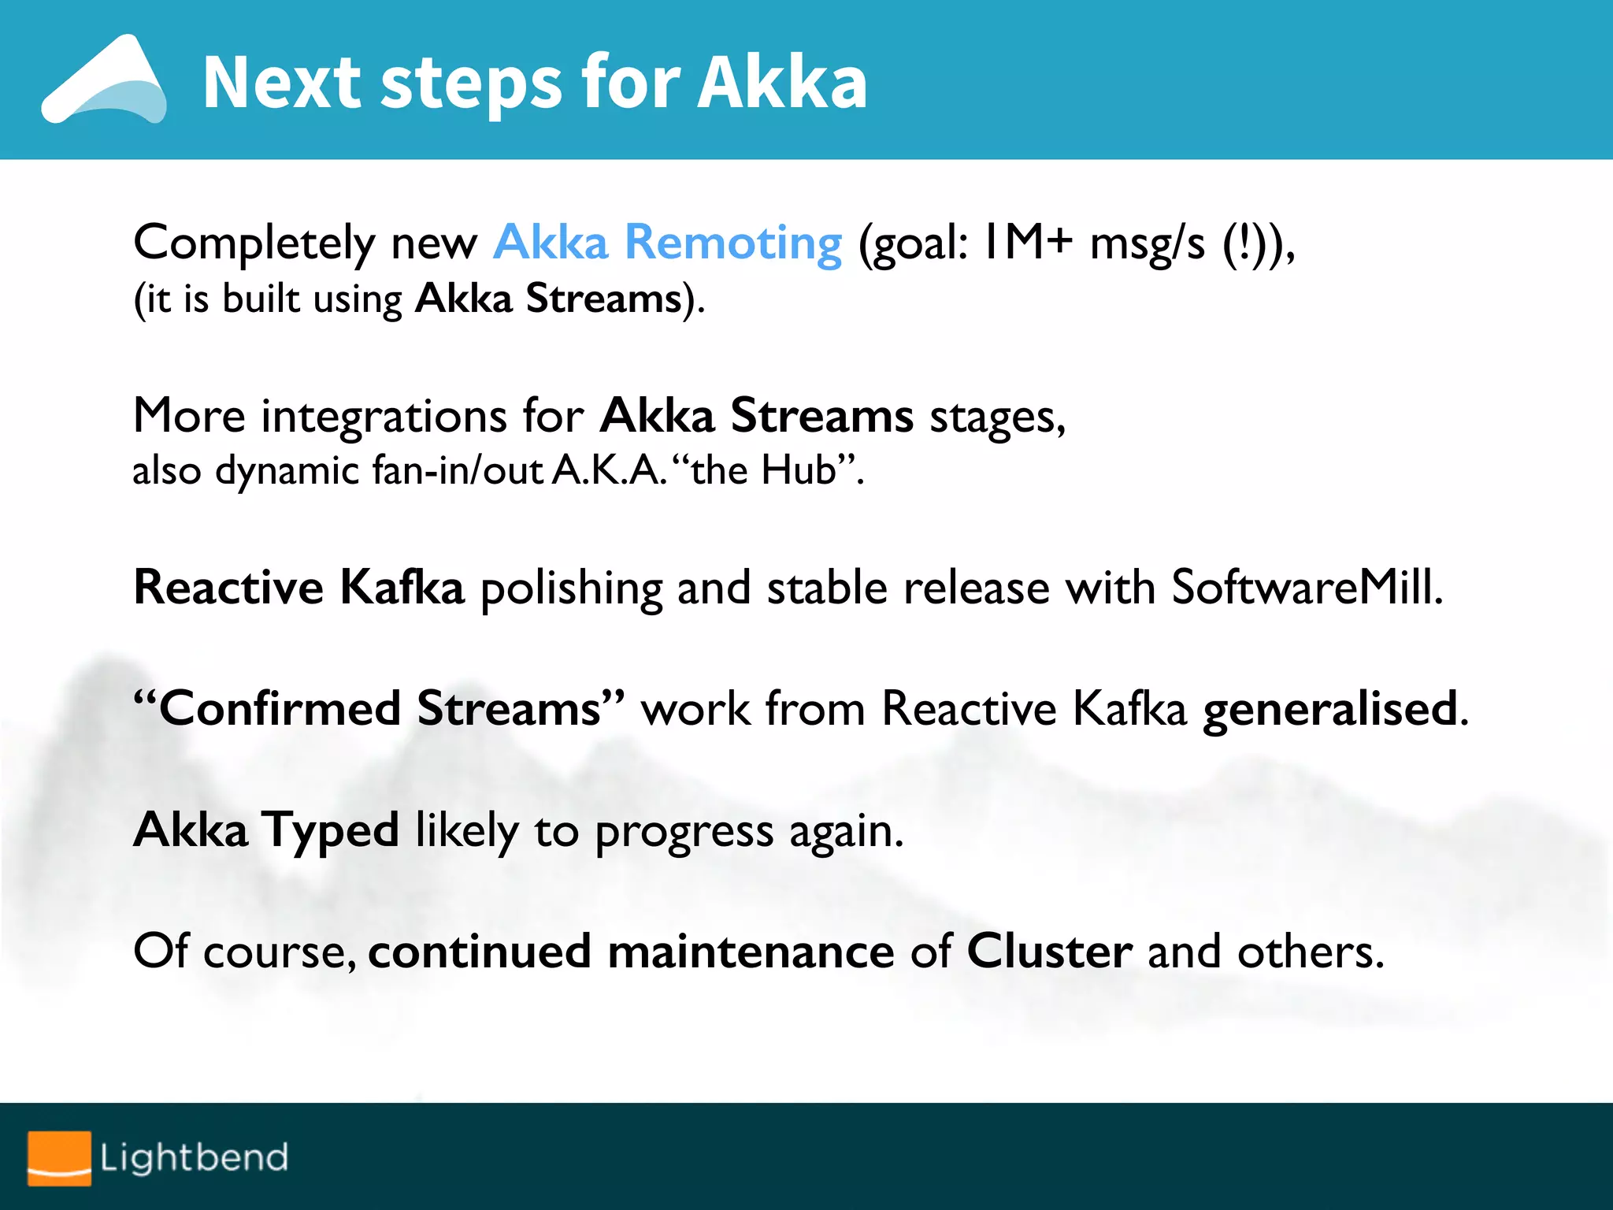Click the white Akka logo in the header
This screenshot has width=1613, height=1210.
103,80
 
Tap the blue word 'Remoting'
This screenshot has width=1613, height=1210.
732,242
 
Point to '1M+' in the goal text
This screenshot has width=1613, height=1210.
1028,242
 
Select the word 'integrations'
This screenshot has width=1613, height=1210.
384,416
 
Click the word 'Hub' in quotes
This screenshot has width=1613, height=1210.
798,470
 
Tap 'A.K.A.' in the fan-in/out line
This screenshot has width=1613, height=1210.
610,470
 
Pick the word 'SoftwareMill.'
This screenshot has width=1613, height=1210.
1307,588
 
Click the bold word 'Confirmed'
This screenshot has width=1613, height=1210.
280,708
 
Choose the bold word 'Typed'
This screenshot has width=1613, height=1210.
331,831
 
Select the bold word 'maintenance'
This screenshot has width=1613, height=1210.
751,952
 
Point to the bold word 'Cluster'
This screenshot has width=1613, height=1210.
1049,952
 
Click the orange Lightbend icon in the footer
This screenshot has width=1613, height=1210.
59,1157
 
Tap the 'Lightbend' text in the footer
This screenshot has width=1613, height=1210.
194,1157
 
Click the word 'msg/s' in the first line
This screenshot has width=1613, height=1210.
1147,243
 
